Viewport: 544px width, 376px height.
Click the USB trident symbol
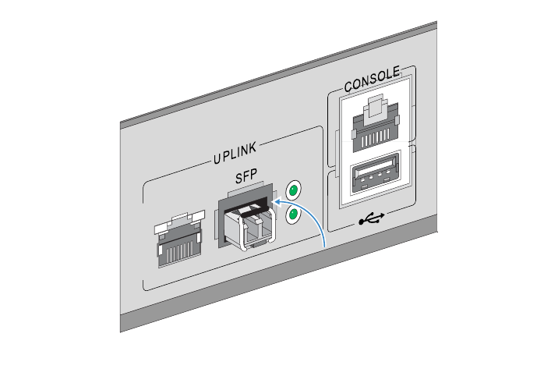[373, 218]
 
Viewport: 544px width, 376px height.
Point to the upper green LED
[293, 190]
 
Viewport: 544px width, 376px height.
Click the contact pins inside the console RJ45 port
[376, 137]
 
